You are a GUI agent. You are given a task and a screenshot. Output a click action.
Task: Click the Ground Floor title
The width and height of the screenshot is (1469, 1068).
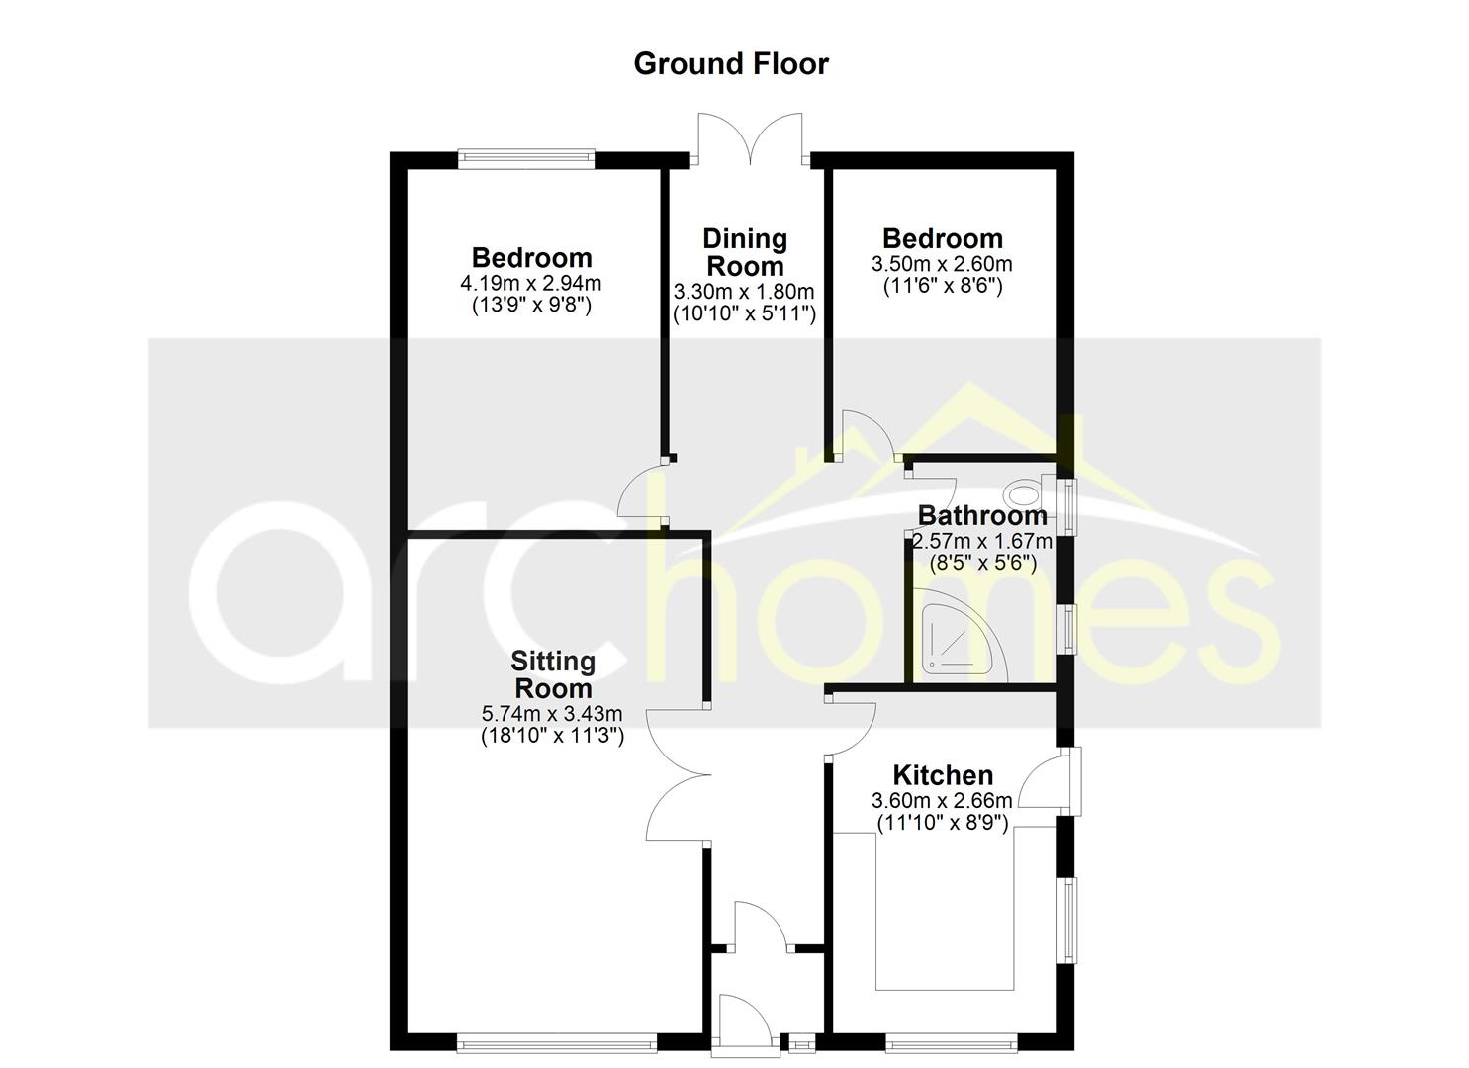click(x=731, y=64)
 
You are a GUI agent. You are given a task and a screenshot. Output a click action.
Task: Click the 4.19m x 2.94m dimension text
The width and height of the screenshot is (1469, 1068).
click(x=531, y=284)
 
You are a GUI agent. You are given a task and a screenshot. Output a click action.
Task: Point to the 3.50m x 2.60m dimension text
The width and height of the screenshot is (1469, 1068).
click(x=942, y=265)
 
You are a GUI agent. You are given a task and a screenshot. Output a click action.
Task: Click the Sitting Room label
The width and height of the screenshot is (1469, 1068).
click(x=552, y=674)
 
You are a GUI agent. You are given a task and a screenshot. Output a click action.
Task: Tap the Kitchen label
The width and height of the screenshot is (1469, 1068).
click(x=943, y=775)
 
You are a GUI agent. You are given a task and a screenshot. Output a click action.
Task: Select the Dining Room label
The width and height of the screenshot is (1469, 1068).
click(x=745, y=252)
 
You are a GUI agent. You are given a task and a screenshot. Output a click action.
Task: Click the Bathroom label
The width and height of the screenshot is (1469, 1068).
click(x=982, y=515)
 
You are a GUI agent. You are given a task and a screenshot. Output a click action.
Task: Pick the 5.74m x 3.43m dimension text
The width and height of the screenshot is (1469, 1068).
click(x=552, y=713)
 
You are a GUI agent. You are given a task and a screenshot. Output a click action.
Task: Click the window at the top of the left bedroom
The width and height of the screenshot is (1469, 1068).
click(x=526, y=156)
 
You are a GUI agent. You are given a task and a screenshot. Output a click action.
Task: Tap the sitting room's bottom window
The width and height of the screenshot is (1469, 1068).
click(x=556, y=1041)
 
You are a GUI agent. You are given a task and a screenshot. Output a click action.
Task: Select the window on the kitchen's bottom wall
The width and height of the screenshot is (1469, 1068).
click(x=951, y=1041)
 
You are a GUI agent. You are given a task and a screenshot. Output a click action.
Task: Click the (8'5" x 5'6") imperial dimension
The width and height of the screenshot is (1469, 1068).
click(x=982, y=564)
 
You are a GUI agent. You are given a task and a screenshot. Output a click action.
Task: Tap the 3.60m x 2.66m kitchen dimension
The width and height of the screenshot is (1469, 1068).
click(x=942, y=801)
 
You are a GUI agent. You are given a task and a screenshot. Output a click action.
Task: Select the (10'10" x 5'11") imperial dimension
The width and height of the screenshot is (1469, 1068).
click(x=745, y=314)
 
